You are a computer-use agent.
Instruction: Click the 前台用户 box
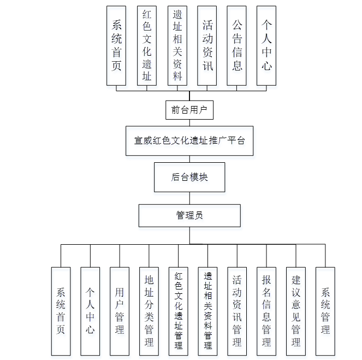[x=189, y=110]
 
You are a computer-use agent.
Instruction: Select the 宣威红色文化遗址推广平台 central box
[x=189, y=140]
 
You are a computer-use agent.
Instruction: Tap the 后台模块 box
[x=189, y=177]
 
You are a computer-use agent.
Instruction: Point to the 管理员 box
[x=189, y=215]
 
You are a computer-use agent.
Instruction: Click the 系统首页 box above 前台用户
[x=116, y=45]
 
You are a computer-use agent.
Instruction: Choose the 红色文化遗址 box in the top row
[x=147, y=45]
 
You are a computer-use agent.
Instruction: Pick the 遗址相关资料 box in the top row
[x=177, y=45]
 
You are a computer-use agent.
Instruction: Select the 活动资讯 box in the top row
[x=207, y=45]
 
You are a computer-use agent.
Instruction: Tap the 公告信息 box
[x=237, y=45]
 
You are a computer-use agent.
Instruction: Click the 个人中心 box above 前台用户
[x=266, y=45]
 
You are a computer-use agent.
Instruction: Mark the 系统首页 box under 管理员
[x=61, y=310]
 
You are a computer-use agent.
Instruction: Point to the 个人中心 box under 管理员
[x=90, y=310]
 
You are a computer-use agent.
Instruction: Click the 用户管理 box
[x=120, y=310]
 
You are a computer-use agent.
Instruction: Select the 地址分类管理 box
[x=149, y=310]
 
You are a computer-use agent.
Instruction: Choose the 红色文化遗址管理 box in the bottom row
[x=179, y=310]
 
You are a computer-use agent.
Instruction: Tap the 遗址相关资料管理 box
[x=208, y=310]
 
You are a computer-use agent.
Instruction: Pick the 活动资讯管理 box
[x=237, y=310]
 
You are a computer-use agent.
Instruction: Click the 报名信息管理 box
[x=266, y=310]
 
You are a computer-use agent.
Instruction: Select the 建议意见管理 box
[x=296, y=310]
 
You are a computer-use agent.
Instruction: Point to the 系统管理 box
[x=325, y=310]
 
